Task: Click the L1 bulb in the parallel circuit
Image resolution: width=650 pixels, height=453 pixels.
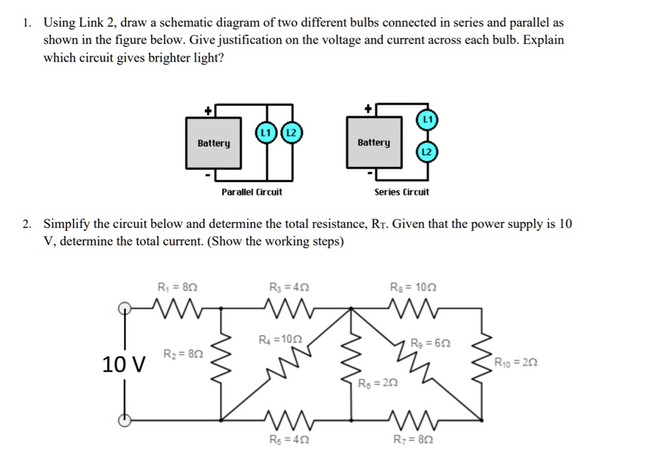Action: click(x=265, y=133)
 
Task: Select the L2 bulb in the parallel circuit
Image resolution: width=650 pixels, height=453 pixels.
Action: click(x=291, y=133)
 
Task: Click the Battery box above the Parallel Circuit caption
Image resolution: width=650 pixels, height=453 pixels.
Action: click(x=213, y=143)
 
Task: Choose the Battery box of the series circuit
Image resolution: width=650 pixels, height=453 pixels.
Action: click(x=374, y=143)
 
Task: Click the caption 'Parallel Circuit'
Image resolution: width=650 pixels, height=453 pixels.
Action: click(x=252, y=192)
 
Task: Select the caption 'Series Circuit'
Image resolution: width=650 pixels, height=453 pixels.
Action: click(x=402, y=192)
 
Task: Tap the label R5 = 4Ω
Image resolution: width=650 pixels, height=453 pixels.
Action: click(x=289, y=439)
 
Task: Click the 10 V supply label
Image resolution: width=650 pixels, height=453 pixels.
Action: click(x=124, y=365)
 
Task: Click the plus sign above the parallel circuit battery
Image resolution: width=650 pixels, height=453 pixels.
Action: click(x=207, y=110)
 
